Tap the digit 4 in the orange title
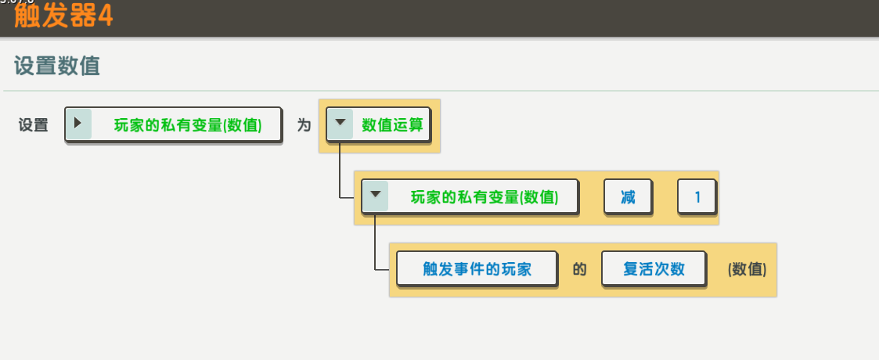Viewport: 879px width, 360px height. coord(105,16)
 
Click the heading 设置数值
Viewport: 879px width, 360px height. coord(56,66)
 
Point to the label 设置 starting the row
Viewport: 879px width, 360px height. coord(34,124)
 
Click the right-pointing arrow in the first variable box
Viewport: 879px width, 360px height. coord(77,124)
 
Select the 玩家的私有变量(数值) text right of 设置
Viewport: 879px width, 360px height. coord(188,124)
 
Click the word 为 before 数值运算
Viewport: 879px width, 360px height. coord(304,124)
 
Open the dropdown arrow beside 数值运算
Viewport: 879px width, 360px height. coord(340,124)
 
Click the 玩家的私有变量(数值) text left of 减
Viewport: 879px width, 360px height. coord(485,197)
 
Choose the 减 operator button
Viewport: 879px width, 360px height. coord(629,197)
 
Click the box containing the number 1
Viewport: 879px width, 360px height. coord(697,197)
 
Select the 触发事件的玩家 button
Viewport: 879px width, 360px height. coord(477,269)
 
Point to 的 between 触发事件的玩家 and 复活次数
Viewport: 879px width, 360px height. coord(579,269)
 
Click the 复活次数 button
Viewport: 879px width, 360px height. coord(654,269)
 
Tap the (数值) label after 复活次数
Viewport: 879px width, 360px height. coord(747,269)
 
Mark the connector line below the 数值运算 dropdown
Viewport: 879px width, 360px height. coord(339,172)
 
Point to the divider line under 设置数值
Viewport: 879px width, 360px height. coord(439,91)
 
